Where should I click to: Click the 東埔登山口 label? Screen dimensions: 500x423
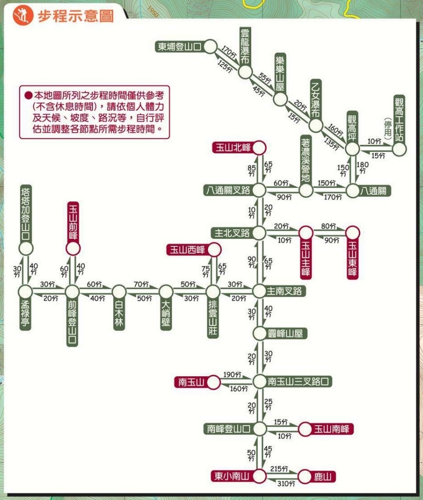click(x=179, y=47)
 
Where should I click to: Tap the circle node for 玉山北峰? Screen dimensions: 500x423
click(x=259, y=147)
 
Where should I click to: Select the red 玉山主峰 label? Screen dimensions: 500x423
click(x=306, y=259)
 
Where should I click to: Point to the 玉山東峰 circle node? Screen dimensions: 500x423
click(x=353, y=232)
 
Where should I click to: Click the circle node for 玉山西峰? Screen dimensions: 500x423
click(x=213, y=250)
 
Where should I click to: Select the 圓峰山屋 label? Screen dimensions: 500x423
click(x=285, y=334)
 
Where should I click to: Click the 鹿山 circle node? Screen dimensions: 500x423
click(x=304, y=476)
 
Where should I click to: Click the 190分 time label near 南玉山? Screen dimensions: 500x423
click(x=232, y=375)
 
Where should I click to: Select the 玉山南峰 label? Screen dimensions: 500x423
click(x=332, y=429)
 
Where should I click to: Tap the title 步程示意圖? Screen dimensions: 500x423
click(x=76, y=16)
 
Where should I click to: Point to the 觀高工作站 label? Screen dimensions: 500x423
click(x=400, y=119)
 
